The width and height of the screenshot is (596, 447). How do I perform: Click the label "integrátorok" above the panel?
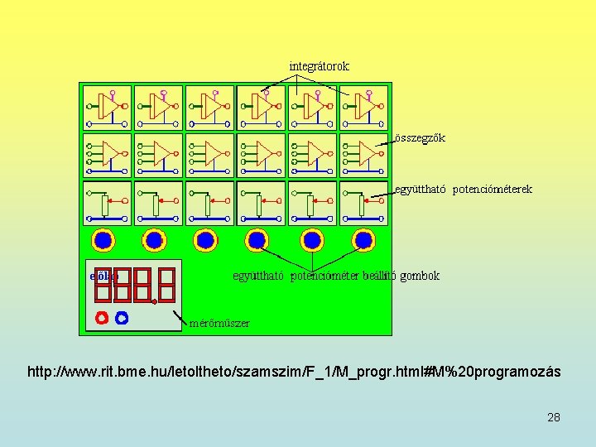pyautogui.click(x=319, y=66)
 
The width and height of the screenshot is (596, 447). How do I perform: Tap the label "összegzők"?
pyautogui.click(x=420, y=138)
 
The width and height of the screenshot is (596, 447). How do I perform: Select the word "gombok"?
pyautogui.click(x=420, y=276)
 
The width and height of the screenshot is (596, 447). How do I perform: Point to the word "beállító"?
pyautogui.click(x=379, y=276)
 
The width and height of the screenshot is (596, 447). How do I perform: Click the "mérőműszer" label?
pyautogui.click(x=219, y=323)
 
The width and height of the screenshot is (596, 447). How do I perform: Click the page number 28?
pyautogui.click(x=553, y=417)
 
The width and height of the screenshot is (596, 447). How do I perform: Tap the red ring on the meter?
pyautogui.click(x=102, y=317)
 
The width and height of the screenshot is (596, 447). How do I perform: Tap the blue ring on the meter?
pyautogui.click(x=122, y=317)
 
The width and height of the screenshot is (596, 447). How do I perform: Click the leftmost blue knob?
pyautogui.click(x=103, y=240)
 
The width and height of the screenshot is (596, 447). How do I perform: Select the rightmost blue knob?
pyautogui.click(x=363, y=240)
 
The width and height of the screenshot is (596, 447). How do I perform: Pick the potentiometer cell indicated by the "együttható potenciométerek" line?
pyautogui.click(x=363, y=203)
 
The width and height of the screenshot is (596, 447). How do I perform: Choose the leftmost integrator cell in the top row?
pyautogui.click(x=107, y=107)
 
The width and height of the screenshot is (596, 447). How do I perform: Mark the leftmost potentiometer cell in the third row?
pyautogui.click(x=107, y=203)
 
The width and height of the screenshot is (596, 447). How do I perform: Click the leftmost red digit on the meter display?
pyautogui.click(x=103, y=283)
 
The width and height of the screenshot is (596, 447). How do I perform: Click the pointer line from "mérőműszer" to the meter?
pyautogui.click(x=180, y=316)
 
